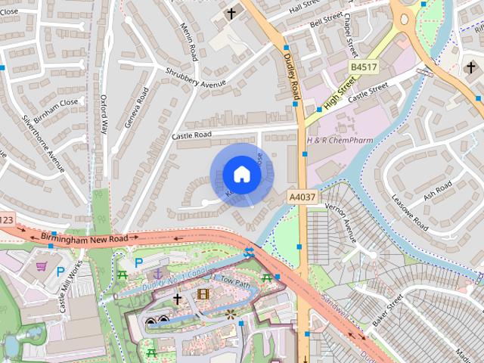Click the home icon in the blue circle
tap(242, 174)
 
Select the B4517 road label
tap(363, 68)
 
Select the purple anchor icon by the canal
tap(157, 273)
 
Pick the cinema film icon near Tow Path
tap(202, 293)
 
